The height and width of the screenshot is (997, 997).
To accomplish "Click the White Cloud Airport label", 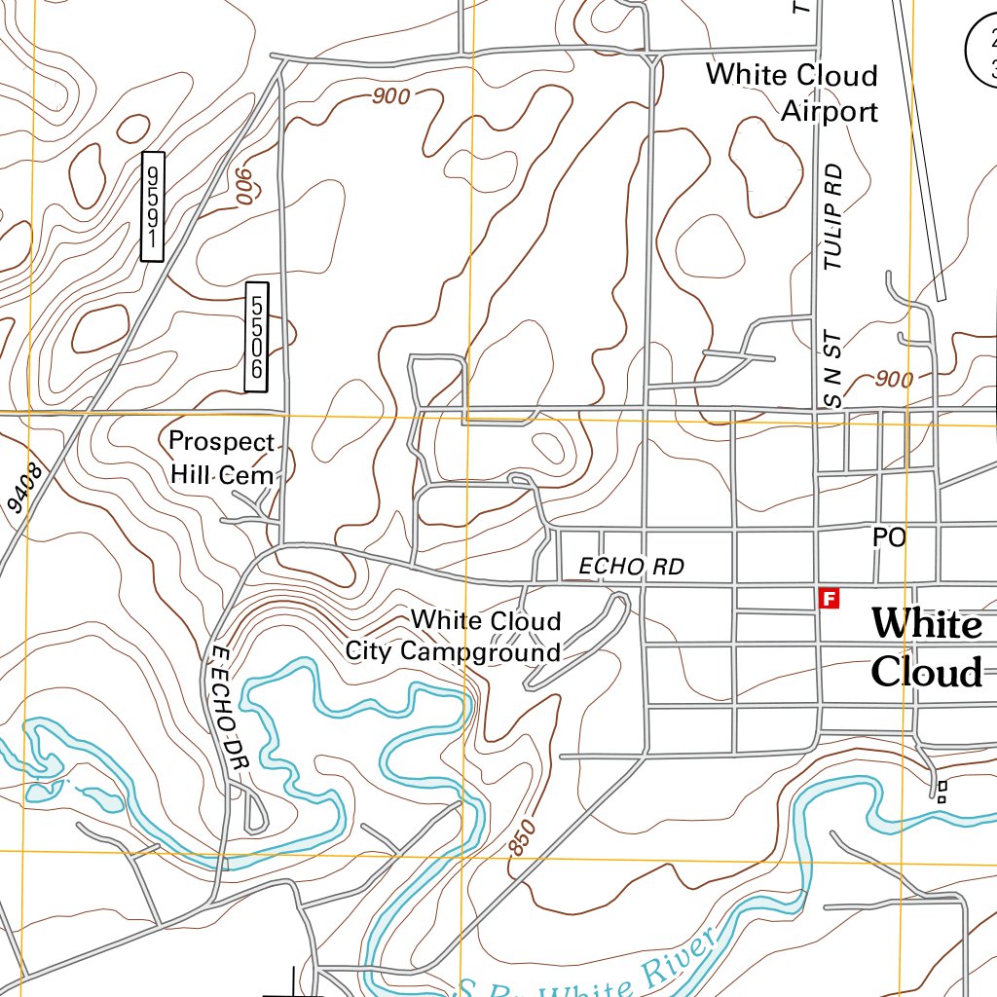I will point(792,93).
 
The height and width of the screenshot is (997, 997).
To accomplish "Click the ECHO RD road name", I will point(631,566).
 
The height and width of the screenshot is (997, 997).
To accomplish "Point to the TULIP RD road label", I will point(833,216).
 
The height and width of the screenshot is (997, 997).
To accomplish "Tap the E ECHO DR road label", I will point(229,708).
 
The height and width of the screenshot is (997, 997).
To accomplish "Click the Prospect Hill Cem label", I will point(222,458).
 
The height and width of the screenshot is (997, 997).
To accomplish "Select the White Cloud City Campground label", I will point(455,636).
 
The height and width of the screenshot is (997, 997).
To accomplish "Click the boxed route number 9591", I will point(152,206).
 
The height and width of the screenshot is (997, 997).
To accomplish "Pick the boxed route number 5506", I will point(256,337).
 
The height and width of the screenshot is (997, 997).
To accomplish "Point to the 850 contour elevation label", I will point(522,838).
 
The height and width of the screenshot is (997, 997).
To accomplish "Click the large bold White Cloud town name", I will point(926,647).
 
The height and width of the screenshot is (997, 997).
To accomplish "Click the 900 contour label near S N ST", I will point(894,379).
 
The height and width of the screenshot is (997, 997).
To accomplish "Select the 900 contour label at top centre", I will point(389,95).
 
